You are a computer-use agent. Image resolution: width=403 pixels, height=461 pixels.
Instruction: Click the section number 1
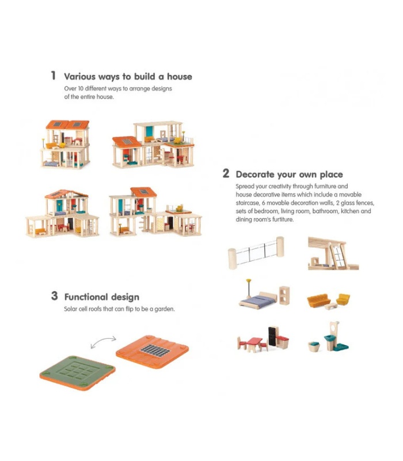coord(53,75)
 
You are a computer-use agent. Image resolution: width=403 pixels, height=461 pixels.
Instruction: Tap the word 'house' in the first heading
coord(180,77)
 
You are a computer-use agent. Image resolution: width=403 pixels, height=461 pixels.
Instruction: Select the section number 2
coord(226,173)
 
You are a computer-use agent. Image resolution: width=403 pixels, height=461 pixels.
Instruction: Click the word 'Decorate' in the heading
coord(255,175)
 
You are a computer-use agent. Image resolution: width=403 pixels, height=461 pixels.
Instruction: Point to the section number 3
coord(54,296)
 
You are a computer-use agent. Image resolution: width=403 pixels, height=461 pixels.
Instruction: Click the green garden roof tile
coord(77,372)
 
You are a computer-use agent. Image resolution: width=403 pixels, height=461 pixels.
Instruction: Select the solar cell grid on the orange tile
coord(155,350)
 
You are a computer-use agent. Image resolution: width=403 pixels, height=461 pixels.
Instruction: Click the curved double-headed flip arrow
coord(103,341)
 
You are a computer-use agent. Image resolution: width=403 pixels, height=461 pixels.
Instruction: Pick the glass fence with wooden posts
coord(256,252)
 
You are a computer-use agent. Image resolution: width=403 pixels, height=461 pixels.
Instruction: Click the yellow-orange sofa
coord(318,300)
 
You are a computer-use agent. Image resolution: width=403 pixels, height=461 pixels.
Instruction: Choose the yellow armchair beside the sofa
coord(343,299)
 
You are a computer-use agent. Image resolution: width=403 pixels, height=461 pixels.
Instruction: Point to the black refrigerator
coord(272,337)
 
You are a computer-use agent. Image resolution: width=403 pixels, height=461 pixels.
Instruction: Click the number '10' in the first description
coord(81,89)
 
